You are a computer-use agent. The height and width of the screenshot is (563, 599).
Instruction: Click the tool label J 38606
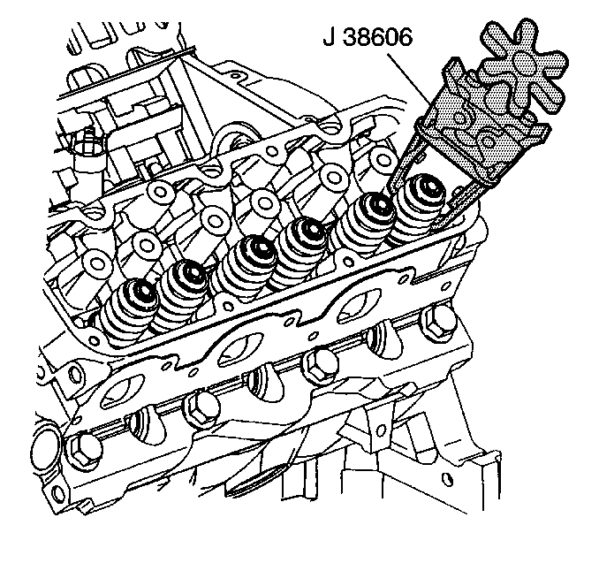coord(368,37)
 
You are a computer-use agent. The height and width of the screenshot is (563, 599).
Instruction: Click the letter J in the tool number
coord(329,37)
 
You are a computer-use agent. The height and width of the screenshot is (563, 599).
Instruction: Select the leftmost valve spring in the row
coord(128,309)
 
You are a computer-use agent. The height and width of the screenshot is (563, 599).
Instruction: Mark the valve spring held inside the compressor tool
coord(416,210)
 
